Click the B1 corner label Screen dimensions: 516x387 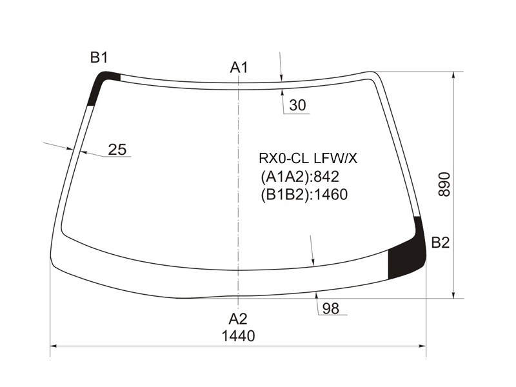tap(99, 58)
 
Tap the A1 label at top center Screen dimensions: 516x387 tap(239, 68)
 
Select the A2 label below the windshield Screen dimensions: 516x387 tap(238, 319)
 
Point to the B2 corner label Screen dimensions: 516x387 tap(441, 243)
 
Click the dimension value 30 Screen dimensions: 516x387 tap(297, 105)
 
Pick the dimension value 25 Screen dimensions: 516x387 tap(117, 150)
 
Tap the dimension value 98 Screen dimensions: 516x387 tap(331, 309)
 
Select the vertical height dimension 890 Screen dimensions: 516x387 tap(444, 184)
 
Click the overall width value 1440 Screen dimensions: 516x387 tap(238, 336)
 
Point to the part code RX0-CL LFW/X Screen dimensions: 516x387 tap(308, 159)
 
